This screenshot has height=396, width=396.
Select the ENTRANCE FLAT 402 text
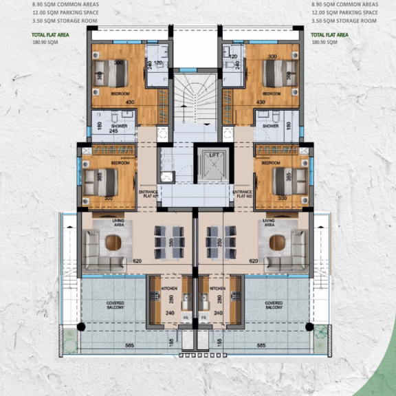click(x=242, y=193)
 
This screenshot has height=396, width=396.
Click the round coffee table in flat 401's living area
click(x=111, y=243)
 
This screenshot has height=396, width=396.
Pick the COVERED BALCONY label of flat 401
click(x=115, y=305)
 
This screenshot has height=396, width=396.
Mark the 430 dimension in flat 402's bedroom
click(x=261, y=102)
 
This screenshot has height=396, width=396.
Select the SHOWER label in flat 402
click(x=270, y=126)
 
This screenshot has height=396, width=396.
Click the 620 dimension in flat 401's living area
click(x=138, y=261)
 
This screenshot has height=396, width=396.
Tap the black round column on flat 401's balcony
click(x=83, y=327)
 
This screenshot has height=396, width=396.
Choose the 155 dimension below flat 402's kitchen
click(x=219, y=342)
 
